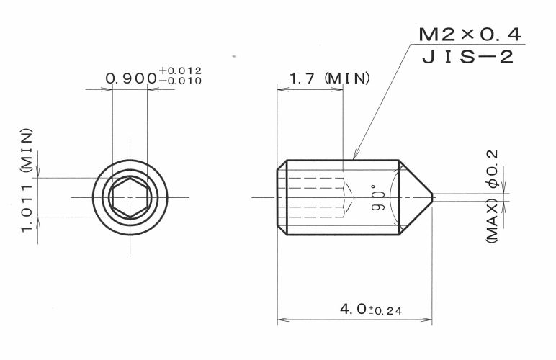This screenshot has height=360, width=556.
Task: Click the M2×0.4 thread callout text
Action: point(470,35)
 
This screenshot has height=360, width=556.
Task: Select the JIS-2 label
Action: point(467,57)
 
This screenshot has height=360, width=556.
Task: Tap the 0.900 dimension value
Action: point(131,78)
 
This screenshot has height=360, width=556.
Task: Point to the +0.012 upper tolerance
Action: point(180,70)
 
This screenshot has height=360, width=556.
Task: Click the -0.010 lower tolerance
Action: point(180,81)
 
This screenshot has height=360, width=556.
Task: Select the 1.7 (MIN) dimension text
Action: point(330,78)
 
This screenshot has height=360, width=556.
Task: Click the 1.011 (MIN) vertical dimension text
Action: point(27,180)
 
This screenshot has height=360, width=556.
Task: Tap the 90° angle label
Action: point(379,198)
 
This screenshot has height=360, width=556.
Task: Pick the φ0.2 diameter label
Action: point(493,168)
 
